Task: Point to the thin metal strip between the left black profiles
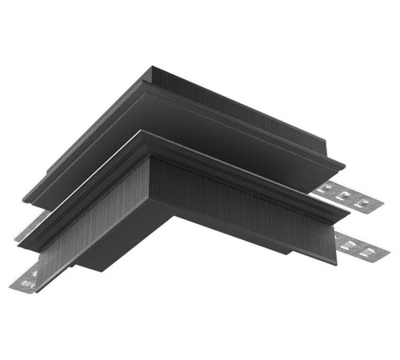click(28, 227)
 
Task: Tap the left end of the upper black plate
click(28, 196)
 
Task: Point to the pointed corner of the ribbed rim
click(144, 136)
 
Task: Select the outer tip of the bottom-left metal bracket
click(14, 285)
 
